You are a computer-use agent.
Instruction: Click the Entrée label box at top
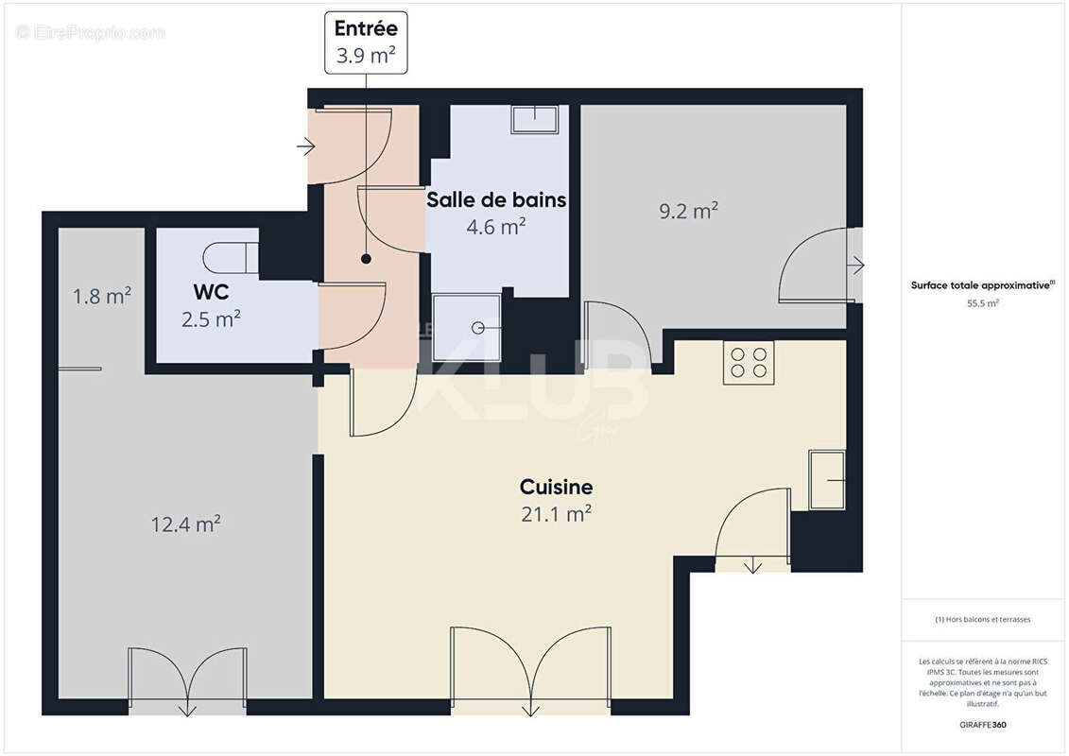pyautogui.click(x=366, y=43)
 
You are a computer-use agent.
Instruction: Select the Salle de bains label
pyautogui.click(x=496, y=199)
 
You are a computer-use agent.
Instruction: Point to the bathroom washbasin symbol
pyautogui.click(x=535, y=119)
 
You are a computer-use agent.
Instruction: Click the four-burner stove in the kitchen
pyautogui.click(x=749, y=362)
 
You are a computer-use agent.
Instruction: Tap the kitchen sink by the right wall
pyautogui.click(x=827, y=480)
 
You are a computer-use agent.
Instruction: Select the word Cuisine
pyautogui.click(x=557, y=488)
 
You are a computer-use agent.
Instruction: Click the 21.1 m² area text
pyautogui.click(x=557, y=513)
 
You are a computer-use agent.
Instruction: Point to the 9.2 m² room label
pyautogui.click(x=688, y=211)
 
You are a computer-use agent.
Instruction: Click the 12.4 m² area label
pyautogui.click(x=186, y=524)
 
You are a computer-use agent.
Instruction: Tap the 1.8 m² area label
pyautogui.click(x=102, y=297)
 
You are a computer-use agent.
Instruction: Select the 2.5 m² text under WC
pyautogui.click(x=211, y=319)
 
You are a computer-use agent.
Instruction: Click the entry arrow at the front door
pyautogui.click(x=305, y=146)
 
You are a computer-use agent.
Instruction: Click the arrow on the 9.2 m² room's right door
pyautogui.click(x=857, y=266)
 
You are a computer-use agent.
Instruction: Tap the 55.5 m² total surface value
pyautogui.click(x=983, y=303)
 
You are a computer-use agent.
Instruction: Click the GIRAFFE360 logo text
pyautogui.click(x=983, y=725)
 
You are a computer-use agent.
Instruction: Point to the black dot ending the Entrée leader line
pyautogui.click(x=366, y=258)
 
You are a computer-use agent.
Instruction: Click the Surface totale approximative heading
pyautogui.click(x=981, y=284)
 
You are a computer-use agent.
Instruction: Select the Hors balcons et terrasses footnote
pyautogui.click(x=983, y=620)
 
